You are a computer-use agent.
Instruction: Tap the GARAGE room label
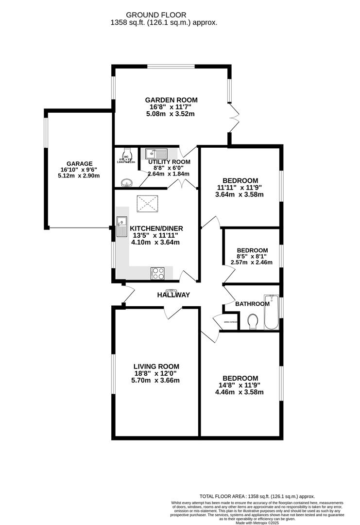coord(79,163)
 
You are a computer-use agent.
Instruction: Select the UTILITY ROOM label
coord(169,162)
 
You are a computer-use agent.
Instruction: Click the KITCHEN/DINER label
coord(156,228)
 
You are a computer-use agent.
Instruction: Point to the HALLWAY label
coord(173,295)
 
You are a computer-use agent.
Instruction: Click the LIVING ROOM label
coord(156,367)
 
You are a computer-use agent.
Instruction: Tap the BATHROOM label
coord(252,304)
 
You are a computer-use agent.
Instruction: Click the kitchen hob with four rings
coord(158,273)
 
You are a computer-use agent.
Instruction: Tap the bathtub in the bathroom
coord(270,312)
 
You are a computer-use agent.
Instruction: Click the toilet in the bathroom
coord(252,321)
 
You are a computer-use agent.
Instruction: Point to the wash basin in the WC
coord(127,183)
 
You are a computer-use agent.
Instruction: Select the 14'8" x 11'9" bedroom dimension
coord(240,385)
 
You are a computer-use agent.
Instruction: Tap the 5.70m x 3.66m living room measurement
coord(156,380)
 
